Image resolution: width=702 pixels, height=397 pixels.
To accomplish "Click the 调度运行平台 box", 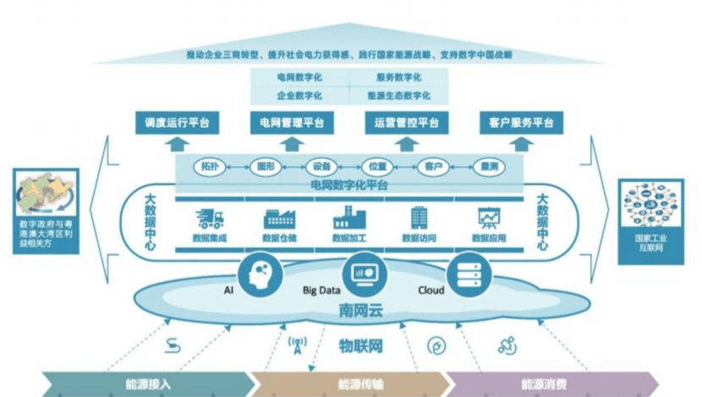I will click(177, 123).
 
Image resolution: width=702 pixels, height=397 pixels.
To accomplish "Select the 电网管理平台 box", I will click(290, 123).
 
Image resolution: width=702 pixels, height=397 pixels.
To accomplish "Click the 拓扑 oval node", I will click(210, 166).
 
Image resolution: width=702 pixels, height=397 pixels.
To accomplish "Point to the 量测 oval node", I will click(487, 166).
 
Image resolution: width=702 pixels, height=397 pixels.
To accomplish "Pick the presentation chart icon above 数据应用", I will click(488, 218).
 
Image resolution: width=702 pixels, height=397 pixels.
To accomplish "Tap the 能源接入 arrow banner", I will click(152, 383).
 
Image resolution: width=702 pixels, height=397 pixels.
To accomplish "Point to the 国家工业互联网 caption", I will click(650, 243).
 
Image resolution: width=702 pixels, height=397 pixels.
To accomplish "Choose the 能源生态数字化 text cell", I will click(398, 96).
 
